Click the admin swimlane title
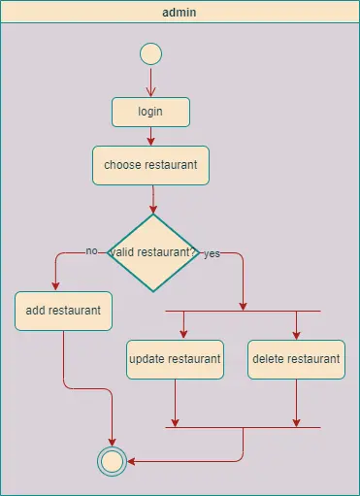(x=180, y=12)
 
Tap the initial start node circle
(x=150, y=53)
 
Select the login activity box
(x=150, y=112)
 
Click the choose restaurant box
(x=150, y=165)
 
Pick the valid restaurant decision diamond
(x=152, y=252)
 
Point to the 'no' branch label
(x=92, y=250)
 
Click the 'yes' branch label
(x=212, y=254)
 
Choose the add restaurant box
(x=64, y=311)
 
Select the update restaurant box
(x=175, y=359)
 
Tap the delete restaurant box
(x=296, y=359)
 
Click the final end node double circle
(x=112, y=461)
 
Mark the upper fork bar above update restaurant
(x=243, y=311)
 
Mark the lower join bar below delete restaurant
(x=243, y=427)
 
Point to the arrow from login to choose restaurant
(x=150, y=136)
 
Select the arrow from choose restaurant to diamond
(x=152, y=198)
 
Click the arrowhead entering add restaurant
(x=55, y=285)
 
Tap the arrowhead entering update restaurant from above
(x=175, y=334)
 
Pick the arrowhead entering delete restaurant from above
(x=296, y=334)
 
